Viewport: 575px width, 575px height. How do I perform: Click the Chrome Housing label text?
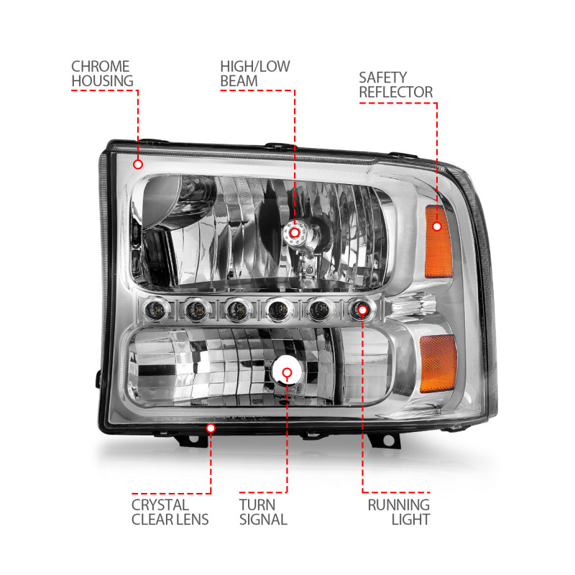(x=102, y=73)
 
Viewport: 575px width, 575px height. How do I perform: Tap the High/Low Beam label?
(x=255, y=73)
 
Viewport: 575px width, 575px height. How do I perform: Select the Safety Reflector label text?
(x=395, y=84)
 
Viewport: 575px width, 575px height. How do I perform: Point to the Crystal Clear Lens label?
(x=170, y=512)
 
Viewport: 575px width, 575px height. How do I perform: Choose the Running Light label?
(x=399, y=512)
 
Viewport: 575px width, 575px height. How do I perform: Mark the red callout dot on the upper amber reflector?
(x=437, y=226)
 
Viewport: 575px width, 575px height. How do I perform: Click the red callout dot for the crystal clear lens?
(x=211, y=428)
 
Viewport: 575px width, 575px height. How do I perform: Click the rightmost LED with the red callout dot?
(x=362, y=310)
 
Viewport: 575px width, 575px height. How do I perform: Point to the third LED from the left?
(x=237, y=310)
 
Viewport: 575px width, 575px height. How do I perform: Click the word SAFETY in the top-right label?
(x=384, y=76)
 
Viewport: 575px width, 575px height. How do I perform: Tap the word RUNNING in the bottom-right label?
(x=399, y=504)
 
